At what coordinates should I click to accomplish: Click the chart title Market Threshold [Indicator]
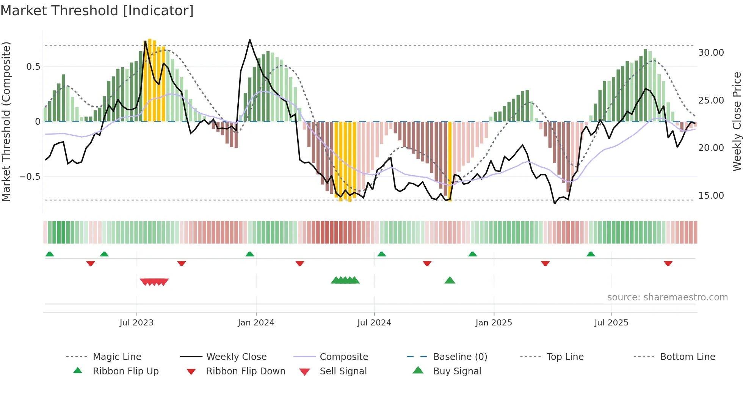click(x=97, y=11)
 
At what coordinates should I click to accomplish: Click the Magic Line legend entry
click(x=117, y=357)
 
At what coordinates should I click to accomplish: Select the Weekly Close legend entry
click(x=236, y=357)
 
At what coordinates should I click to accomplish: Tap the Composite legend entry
click(x=343, y=357)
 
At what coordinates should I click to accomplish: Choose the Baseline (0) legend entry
click(x=460, y=357)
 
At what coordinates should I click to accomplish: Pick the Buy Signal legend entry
click(x=457, y=371)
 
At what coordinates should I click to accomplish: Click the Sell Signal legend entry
click(x=343, y=371)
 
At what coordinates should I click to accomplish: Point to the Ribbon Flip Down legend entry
click(x=245, y=371)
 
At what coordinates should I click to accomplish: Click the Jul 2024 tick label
click(x=374, y=323)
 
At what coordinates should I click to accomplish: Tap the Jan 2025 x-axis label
click(x=494, y=323)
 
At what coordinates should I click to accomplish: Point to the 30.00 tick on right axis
click(x=711, y=53)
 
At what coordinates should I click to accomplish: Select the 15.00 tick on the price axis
click(x=711, y=196)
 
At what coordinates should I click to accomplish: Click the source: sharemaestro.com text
click(x=667, y=297)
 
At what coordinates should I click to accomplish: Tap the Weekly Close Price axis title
click(x=737, y=121)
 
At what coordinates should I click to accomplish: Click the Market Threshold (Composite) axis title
click(x=6, y=121)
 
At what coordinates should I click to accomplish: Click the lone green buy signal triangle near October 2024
click(x=450, y=280)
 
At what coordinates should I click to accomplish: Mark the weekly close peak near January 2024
click(x=250, y=40)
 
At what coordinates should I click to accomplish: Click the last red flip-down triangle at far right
click(x=668, y=263)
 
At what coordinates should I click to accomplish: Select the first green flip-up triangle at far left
click(x=50, y=254)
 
